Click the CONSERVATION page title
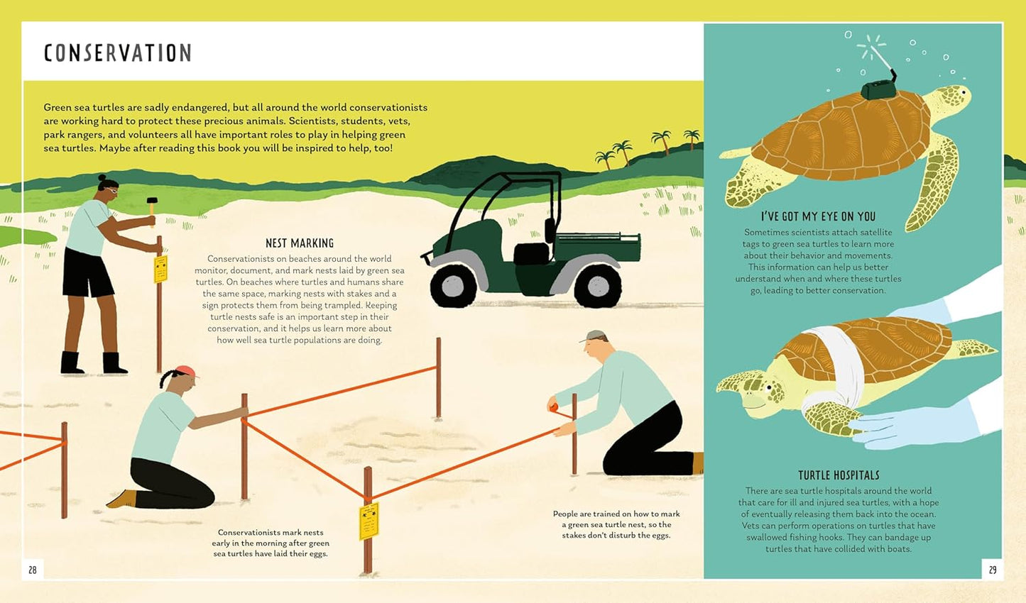pyautogui.click(x=117, y=52)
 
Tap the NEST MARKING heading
pyautogui.click(x=300, y=243)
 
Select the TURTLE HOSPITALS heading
pyautogui.click(x=839, y=475)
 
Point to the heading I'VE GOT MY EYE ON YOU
pyautogui.click(x=818, y=216)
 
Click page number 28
pyautogui.click(x=33, y=570)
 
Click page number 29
pyautogui.click(x=993, y=570)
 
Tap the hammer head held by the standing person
pyautogui.click(x=152, y=201)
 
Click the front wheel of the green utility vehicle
pyautogui.click(x=453, y=287)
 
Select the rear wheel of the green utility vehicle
pyautogui.click(x=598, y=287)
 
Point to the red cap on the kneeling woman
pyautogui.click(x=187, y=371)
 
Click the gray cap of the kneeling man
pyautogui.click(x=593, y=336)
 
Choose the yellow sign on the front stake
pyautogui.click(x=369, y=521)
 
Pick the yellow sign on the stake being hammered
pyautogui.click(x=160, y=269)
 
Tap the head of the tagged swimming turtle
pyautogui.click(x=949, y=101)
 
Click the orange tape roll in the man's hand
pyautogui.click(x=553, y=406)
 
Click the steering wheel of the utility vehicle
pyautogui.click(x=549, y=231)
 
